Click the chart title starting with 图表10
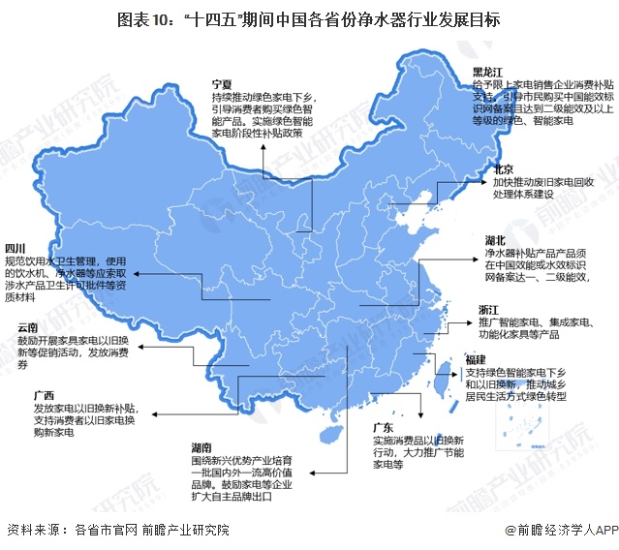309,18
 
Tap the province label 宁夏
222,84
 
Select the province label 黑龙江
487,73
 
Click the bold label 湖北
498,238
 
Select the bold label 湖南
202,447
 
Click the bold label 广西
43,396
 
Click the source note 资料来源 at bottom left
116,531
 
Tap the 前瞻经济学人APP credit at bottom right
560,531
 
